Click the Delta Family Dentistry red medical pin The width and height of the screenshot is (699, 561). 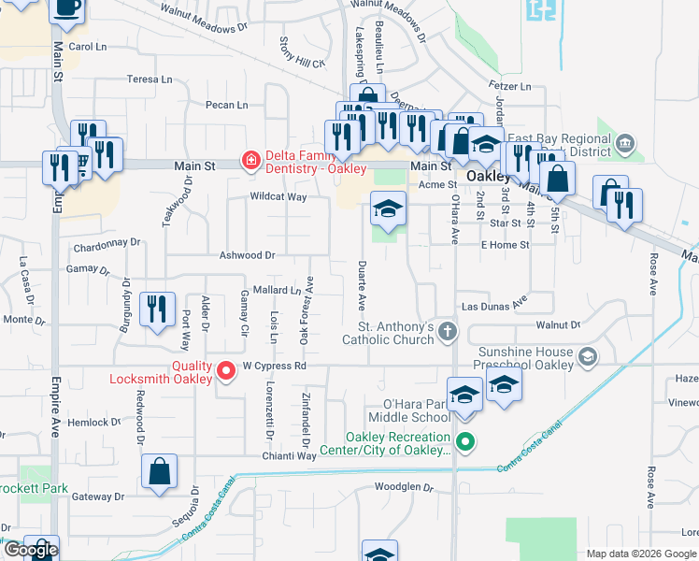[250, 161]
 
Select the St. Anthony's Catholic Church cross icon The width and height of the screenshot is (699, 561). [449, 331]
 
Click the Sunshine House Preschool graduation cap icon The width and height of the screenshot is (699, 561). [588, 356]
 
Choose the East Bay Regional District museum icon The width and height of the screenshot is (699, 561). [625, 144]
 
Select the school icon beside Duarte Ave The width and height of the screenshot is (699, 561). [388, 209]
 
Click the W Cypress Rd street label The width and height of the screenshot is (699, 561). [275, 367]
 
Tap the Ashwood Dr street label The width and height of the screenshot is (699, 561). [247, 254]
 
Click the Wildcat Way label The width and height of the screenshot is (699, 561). [278, 197]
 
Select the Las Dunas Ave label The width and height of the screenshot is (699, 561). [494, 306]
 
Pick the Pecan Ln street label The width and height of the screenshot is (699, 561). [228, 105]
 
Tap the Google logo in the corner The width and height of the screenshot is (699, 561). [31, 550]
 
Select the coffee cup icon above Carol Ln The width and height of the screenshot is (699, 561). [65, 7]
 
